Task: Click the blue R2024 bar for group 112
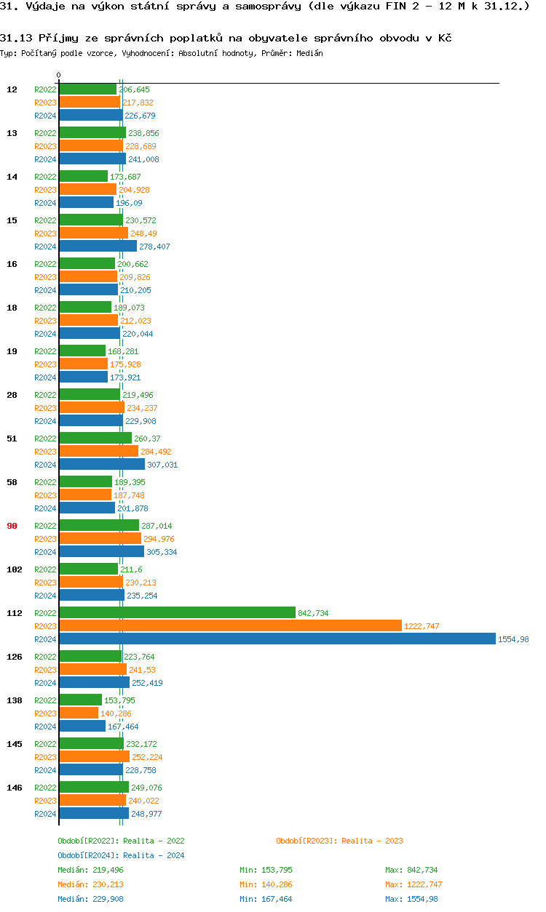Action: coord(277,639)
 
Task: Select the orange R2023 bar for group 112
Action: coord(230,625)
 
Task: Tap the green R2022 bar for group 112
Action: coord(177,612)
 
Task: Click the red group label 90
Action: coord(12,526)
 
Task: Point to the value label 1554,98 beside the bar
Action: coord(513,639)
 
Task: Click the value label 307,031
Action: coord(162,465)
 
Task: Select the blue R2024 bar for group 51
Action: coord(102,464)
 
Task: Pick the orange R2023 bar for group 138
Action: coord(79,713)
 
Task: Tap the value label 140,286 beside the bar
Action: coord(116,713)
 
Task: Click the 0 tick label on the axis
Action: coord(59,76)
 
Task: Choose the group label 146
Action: coord(15,788)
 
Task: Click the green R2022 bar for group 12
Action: coord(87,89)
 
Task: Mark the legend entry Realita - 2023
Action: coord(339,841)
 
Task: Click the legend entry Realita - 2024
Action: coord(121,855)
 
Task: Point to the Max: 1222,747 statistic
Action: coord(414,884)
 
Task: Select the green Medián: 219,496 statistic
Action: coord(90,870)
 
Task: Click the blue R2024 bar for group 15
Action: coord(98,246)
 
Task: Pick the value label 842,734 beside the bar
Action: coord(313,613)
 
